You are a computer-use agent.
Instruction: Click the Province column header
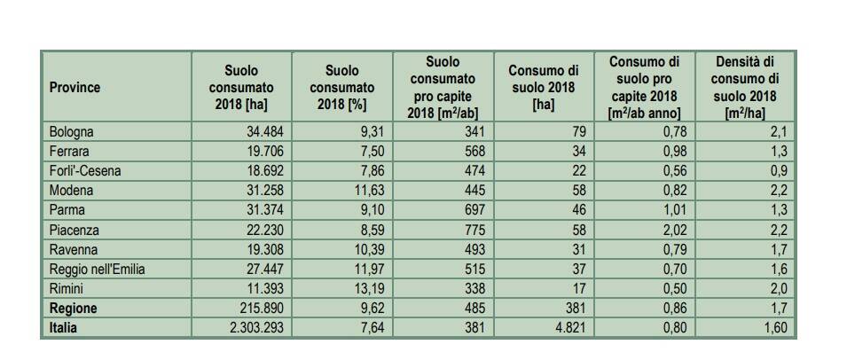(75, 88)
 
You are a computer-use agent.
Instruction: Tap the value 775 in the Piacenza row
(474, 231)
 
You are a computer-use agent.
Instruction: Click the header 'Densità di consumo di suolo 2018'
(744, 88)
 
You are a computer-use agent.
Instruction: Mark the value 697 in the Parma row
(474, 211)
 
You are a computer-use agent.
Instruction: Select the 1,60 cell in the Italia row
(774, 328)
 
